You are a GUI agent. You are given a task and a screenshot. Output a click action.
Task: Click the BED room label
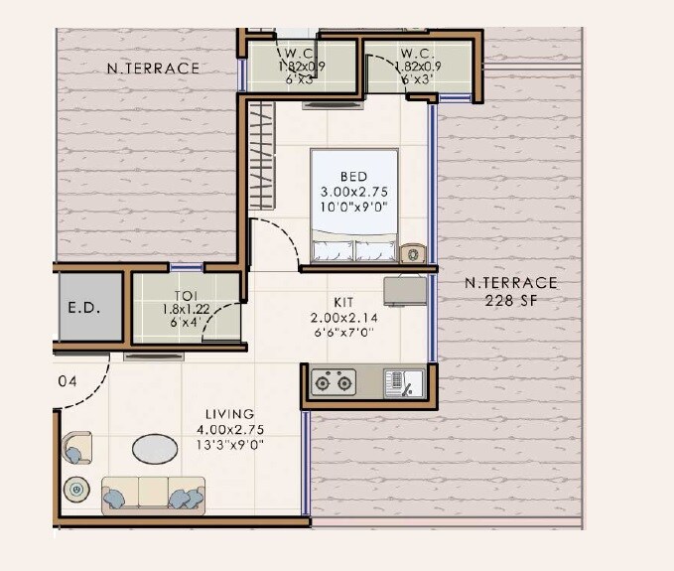coord(353,176)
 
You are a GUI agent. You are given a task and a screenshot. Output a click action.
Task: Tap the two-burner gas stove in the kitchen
coord(334,381)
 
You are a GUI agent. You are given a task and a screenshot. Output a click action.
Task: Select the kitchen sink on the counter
coord(404,381)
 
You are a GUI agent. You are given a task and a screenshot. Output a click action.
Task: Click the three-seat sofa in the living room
coord(153,494)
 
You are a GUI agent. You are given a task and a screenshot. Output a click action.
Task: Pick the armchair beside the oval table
coord(75,450)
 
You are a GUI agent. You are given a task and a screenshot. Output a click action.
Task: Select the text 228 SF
coord(512,300)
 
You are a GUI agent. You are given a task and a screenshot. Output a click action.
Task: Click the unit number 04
coord(67,380)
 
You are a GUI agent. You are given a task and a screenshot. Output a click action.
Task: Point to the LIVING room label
coord(229,414)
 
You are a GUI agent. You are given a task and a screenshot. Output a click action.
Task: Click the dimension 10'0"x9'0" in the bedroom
coord(353,206)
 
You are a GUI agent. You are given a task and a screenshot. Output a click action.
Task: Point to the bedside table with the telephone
coord(412,253)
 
